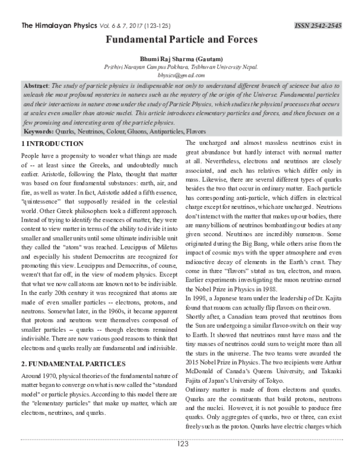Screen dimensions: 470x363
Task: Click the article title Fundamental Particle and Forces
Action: point(182,39)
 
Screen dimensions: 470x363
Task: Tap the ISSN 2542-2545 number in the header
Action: point(318,25)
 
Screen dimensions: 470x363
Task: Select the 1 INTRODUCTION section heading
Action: point(52,144)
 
